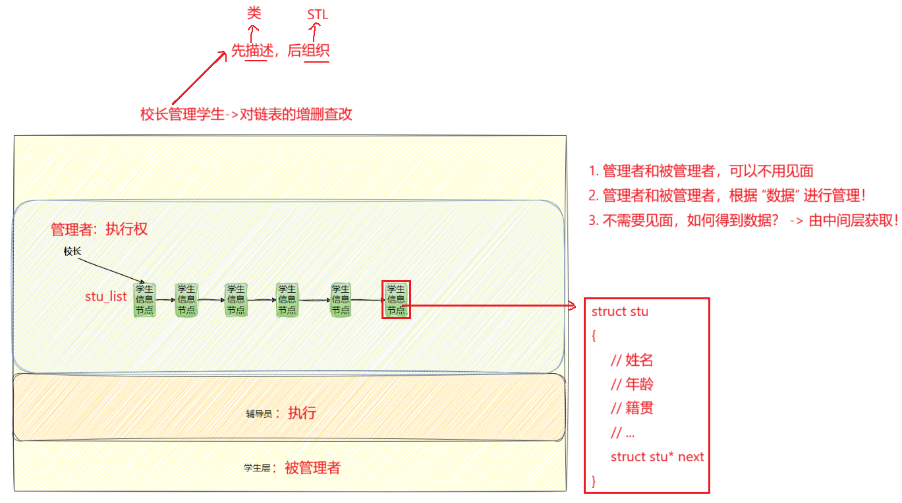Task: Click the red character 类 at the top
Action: point(254,13)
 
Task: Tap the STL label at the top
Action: point(318,15)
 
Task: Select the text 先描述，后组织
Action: point(280,51)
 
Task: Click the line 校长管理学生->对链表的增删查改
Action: point(246,114)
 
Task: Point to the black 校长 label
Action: point(72,251)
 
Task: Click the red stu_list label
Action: point(105,297)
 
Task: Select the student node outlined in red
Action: point(396,299)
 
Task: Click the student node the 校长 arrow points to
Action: point(144,300)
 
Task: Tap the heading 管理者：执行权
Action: point(99,229)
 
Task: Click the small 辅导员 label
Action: point(259,414)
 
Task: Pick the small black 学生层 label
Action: point(257,468)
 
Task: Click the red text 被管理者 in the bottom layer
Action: point(312,468)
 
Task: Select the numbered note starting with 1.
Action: point(701,171)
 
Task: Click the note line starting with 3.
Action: point(743,221)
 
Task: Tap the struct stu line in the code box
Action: point(620,311)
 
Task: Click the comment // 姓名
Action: point(632,360)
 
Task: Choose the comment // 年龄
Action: point(632,384)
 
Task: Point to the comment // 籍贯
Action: point(632,409)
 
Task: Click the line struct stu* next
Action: point(657,457)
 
